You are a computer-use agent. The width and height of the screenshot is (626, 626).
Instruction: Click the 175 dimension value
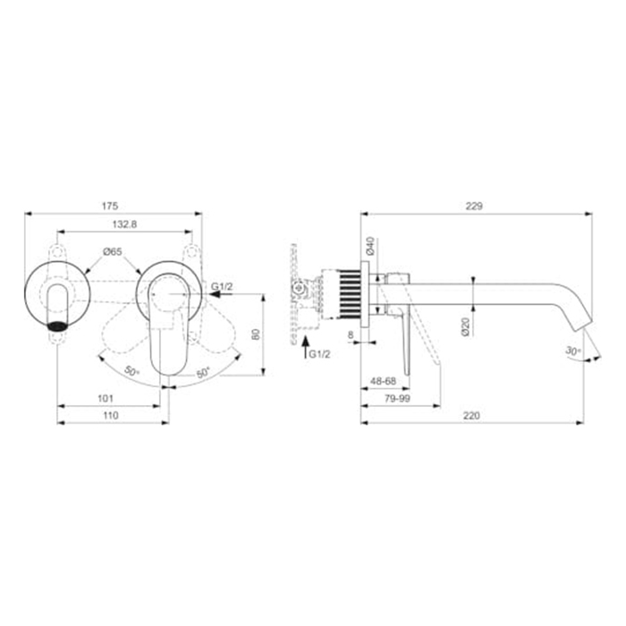(110, 206)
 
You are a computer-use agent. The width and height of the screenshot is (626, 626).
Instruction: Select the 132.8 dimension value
(124, 224)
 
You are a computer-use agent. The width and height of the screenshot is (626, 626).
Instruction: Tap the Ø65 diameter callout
(113, 252)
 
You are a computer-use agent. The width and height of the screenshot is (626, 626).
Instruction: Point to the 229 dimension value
(474, 206)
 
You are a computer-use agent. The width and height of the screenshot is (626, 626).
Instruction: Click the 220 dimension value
(471, 416)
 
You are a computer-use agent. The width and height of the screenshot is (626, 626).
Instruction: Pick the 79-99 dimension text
(397, 399)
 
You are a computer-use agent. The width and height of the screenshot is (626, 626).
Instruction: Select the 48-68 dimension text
(384, 381)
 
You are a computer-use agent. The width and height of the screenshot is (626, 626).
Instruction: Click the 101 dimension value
(106, 399)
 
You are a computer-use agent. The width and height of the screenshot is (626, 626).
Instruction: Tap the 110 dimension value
(111, 416)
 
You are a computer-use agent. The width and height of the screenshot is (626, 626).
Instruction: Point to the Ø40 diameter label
(370, 246)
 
